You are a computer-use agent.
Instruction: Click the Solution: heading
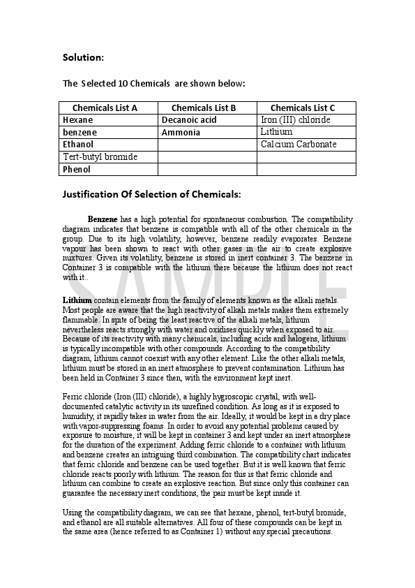83,57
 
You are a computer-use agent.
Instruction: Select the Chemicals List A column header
105,108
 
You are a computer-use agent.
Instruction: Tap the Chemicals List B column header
204,108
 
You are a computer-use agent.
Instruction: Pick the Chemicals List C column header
303,108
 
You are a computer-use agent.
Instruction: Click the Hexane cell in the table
78,120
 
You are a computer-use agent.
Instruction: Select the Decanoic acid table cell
189,120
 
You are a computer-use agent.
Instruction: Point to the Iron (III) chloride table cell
295,120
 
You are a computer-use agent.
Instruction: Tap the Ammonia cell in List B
181,132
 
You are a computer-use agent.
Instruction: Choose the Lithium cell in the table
276,132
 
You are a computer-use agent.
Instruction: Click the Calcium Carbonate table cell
299,145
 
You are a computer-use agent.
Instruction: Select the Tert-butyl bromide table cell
100,156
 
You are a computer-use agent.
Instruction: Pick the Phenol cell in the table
77,169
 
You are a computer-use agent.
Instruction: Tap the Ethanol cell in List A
78,145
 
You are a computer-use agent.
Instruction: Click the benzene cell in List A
80,132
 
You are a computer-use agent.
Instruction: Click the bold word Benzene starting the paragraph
103,219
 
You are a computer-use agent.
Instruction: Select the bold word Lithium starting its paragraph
77,300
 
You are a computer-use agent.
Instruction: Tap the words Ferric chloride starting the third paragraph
88,397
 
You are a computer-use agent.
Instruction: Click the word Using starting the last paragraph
73,513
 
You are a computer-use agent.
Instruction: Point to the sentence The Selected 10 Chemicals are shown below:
153,84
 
